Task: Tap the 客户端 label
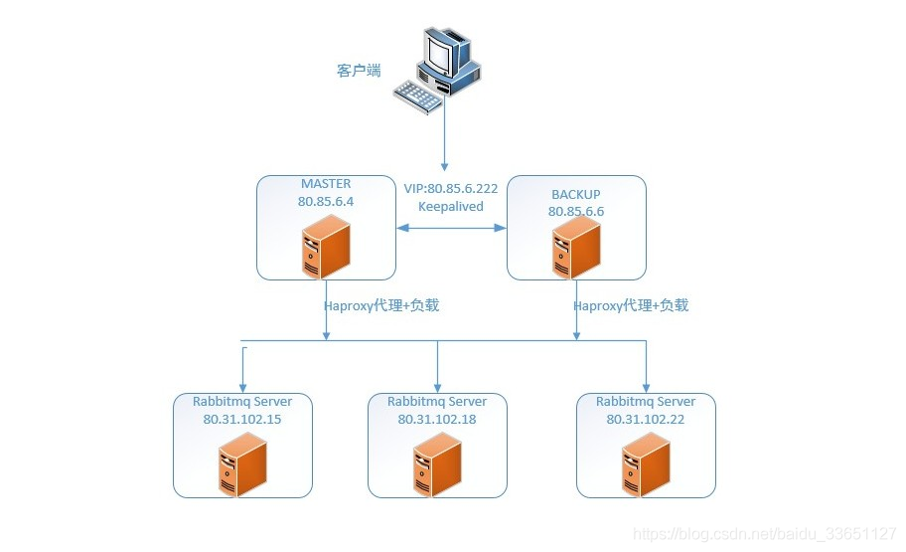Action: pos(359,71)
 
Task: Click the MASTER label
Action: pos(326,184)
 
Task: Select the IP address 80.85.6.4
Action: pos(326,201)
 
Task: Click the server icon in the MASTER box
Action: pos(326,246)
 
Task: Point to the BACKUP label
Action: pos(576,195)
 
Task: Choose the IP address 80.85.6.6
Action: pos(576,212)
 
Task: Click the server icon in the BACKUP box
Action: pos(576,247)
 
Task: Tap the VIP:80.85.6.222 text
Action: pos(451,189)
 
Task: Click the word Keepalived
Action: pos(451,207)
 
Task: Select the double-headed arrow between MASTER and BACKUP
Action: pos(451,228)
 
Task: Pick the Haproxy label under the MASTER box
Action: pos(381,305)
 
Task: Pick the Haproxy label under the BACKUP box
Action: pos(631,305)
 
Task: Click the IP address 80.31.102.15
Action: pos(242,419)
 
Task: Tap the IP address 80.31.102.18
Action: pos(437,419)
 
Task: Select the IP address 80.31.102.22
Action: pos(646,419)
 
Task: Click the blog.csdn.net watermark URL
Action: pos(765,534)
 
